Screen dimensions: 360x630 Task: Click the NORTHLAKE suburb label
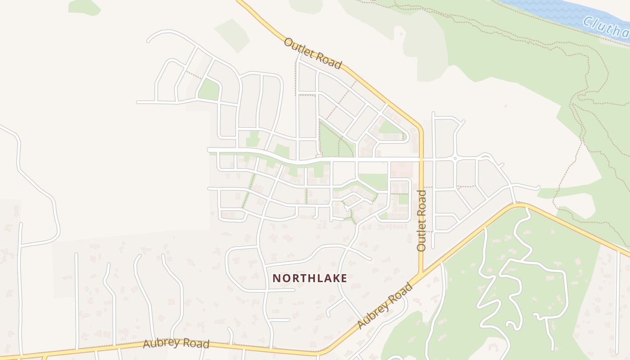(x=310, y=278)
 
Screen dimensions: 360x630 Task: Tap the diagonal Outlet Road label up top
(x=313, y=54)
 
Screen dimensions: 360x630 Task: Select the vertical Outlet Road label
(x=422, y=220)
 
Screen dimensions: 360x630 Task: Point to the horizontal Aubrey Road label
(x=176, y=343)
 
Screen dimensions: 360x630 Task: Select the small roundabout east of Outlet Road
(x=455, y=158)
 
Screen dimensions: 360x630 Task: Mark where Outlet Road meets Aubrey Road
(x=422, y=274)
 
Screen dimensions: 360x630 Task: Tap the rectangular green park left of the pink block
(x=373, y=181)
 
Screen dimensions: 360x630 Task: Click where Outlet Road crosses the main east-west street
(x=422, y=159)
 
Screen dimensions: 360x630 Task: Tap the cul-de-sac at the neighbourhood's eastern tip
(x=538, y=187)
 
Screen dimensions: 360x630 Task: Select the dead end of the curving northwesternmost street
(x=148, y=41)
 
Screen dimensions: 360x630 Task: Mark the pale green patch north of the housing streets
(x=232, y=36)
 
